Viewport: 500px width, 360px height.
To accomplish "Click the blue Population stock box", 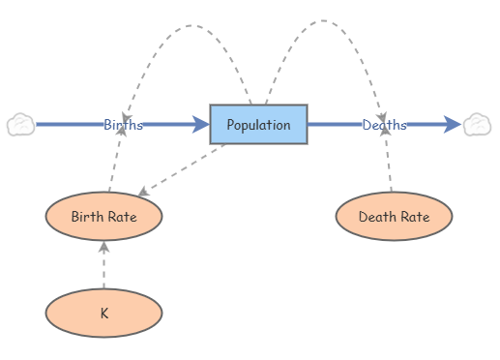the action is click(258, 124).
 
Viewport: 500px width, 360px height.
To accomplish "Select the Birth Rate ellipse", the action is click(103, 216).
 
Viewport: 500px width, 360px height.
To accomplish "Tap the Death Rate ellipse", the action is click(394, 216).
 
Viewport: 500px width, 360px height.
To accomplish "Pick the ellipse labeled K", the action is click(103, 313).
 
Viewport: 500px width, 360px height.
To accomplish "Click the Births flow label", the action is click(123, 125).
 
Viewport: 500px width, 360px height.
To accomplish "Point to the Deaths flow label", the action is click(384, 125).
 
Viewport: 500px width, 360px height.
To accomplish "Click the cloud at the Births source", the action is click(20, 124).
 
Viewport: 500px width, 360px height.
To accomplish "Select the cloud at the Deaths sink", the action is click(478, 124).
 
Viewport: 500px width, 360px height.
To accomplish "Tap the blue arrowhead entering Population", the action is click(201, 124).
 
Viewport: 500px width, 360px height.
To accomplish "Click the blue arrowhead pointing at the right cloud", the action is click(453, 124).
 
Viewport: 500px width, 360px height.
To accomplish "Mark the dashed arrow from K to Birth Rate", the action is click(103, 265).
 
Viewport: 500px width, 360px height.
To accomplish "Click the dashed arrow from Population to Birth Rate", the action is click(182, 169).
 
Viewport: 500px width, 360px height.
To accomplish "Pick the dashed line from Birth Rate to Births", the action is click(115, 160).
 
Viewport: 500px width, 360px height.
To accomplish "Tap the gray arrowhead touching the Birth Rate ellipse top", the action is click(143, 192).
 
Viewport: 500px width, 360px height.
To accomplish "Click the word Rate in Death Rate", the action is click(416, 217).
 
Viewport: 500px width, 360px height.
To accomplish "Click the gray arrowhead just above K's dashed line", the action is click(103, 247).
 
